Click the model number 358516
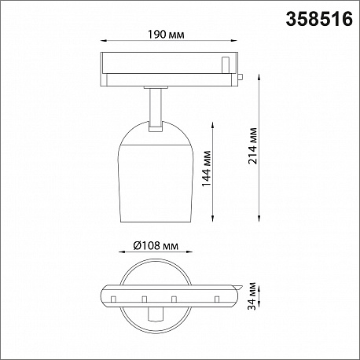319,19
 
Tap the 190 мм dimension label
166,35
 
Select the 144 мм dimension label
207,168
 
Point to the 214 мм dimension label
253,145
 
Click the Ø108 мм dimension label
156,245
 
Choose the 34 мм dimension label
252,296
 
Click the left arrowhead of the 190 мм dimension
104,41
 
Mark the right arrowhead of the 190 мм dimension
234,41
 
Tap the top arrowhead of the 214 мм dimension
259,78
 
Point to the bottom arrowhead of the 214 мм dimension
259,219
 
